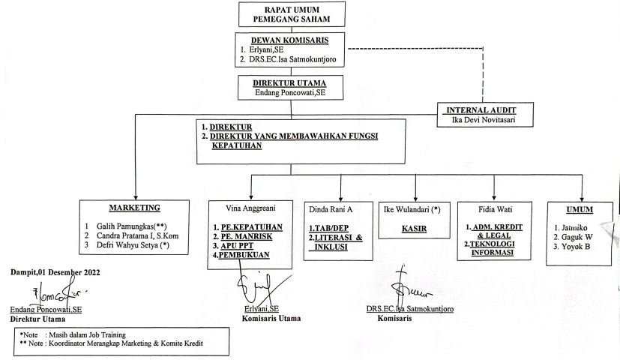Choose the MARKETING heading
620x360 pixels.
click(134, 207)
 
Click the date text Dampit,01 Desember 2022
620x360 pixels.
click(55, 271)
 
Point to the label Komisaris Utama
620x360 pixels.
click(271, 318)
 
